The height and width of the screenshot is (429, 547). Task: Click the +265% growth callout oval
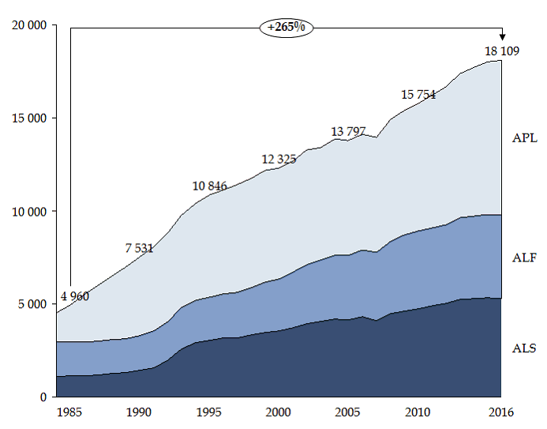(x=286, y=27)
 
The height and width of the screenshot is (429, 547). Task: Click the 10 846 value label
(x=209, y=186)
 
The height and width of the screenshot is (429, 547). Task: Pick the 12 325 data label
(x=279, y=160)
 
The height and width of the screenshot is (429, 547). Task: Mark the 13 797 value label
(x=348, y=131)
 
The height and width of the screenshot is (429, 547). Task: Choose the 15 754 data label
(x=418, y=94)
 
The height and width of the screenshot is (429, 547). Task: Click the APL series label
(x=524, y=138)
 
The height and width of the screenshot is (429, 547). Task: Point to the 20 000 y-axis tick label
(x=30, y=25)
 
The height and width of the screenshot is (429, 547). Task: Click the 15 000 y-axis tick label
(x=30, y=119)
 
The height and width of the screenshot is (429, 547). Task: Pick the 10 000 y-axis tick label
(x=30, y=211)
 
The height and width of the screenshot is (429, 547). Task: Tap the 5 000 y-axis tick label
(x=33, y=304)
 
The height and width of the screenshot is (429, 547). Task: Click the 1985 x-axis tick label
(x=69, y=412)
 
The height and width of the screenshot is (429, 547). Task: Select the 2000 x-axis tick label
(x=279, y=412)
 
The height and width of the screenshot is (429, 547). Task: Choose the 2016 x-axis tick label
(x=501, y=412)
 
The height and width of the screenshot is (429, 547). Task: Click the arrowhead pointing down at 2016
(x=502, y=37)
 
